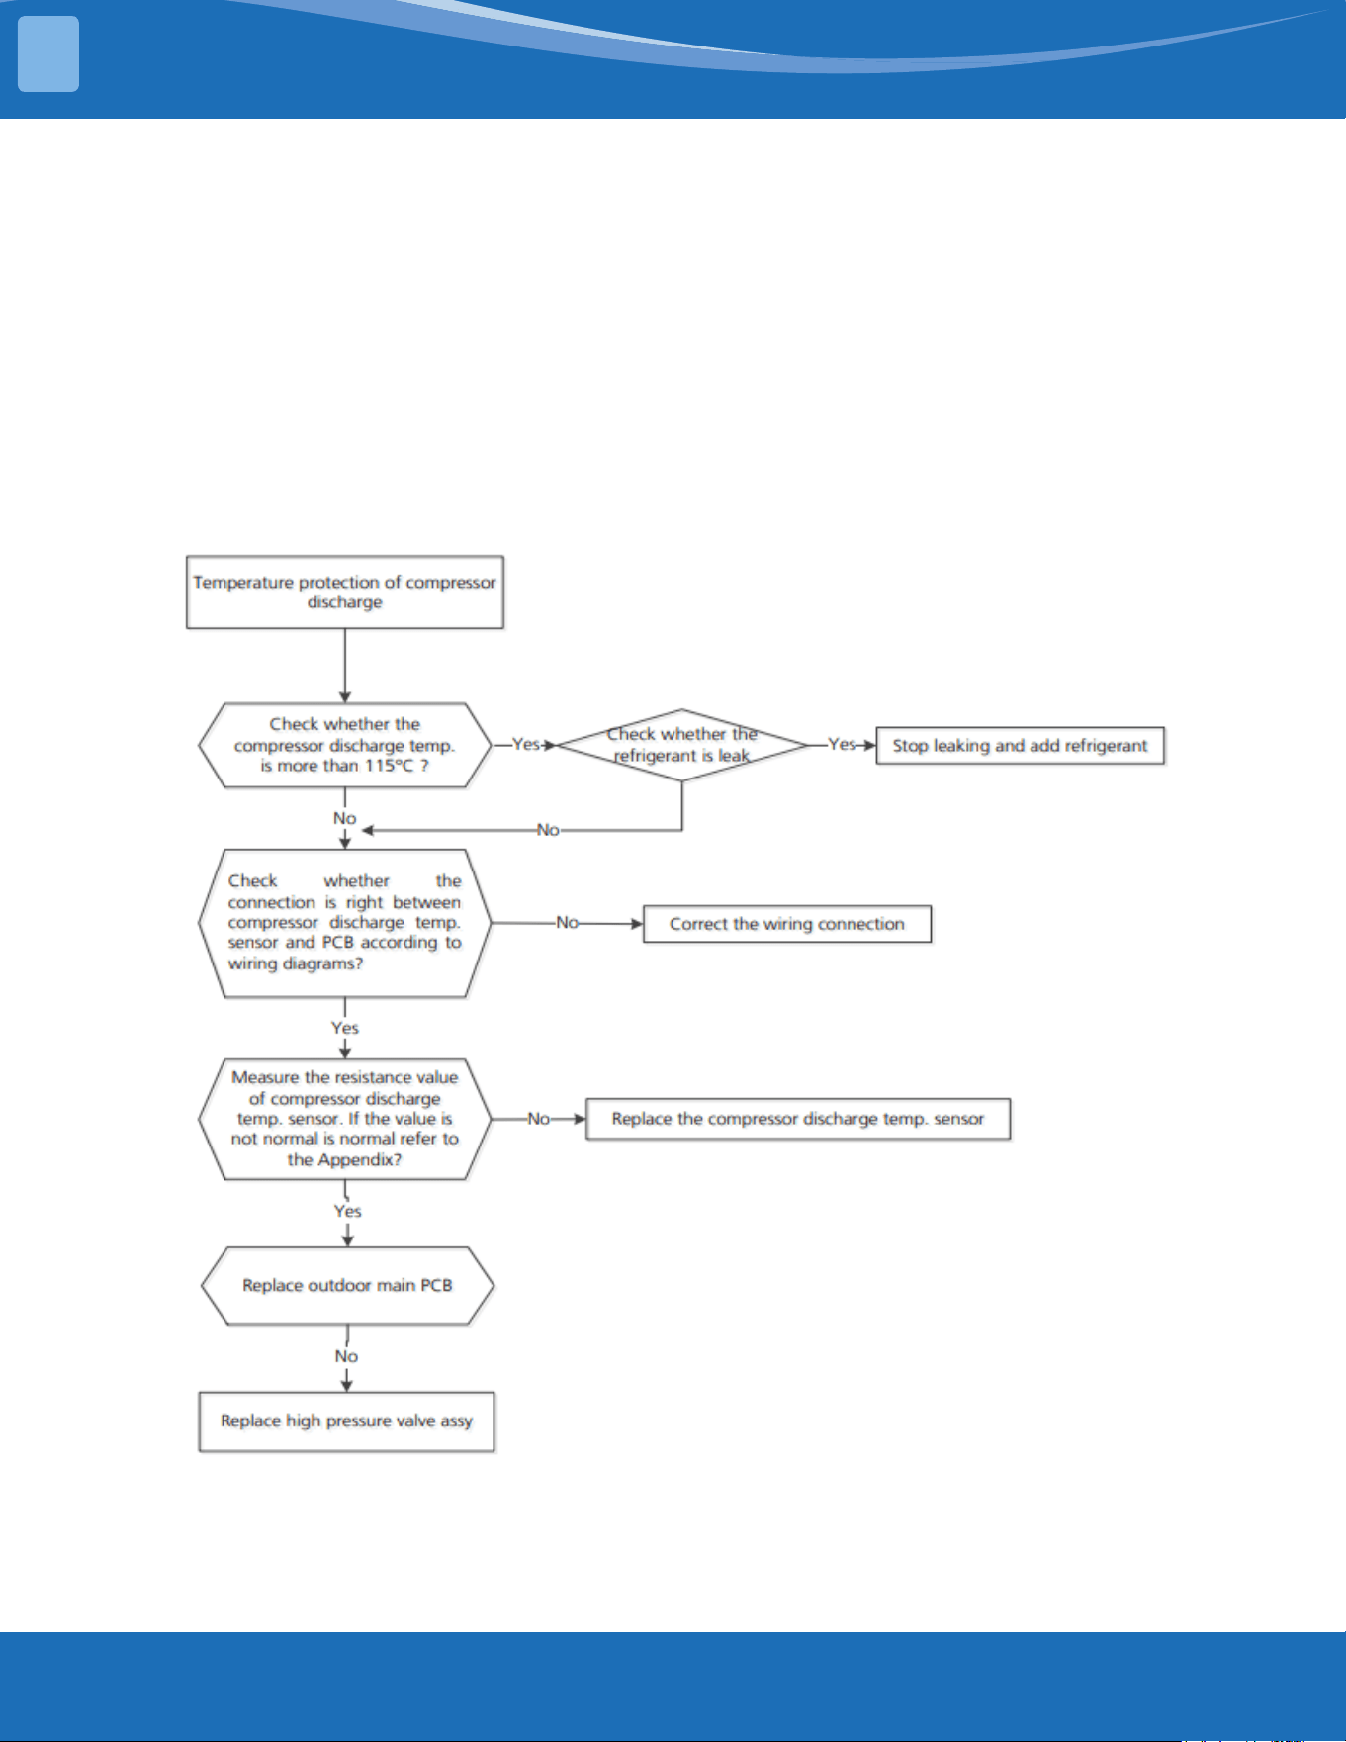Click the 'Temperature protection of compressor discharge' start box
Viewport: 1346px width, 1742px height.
point(345,593)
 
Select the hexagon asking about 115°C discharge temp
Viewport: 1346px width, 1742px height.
point(345,746)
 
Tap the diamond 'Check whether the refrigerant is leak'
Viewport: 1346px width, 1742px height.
point(682,745)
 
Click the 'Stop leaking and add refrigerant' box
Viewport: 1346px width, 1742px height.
point(1020,746)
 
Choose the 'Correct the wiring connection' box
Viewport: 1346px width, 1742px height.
point(787,924)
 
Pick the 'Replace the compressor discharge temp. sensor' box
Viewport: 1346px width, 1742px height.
point(798,1119)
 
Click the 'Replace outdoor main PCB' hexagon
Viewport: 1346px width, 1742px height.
point(347,1285)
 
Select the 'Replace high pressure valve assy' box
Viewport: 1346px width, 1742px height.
point(346,1421)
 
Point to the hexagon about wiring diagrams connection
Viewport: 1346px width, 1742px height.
point(345,923)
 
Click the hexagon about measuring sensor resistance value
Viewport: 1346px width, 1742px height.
point(345,1119)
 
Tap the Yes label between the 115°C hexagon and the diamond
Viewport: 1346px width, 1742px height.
point(526,744)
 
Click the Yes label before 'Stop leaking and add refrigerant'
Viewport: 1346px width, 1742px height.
point(842,744)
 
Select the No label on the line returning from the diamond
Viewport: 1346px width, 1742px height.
point(548,830)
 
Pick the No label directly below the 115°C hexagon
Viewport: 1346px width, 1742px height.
point(344,818)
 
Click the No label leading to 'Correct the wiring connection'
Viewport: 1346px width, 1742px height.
point(567,922)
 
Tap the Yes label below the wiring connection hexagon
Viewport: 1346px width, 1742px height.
point(345,1028)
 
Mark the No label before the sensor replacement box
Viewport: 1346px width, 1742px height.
point(538,1119)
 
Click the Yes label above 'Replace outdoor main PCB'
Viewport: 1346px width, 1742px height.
point(348,1211)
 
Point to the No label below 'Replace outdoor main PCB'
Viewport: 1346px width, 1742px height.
point(346,1356)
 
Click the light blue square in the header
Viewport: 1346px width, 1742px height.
point(48,54)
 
